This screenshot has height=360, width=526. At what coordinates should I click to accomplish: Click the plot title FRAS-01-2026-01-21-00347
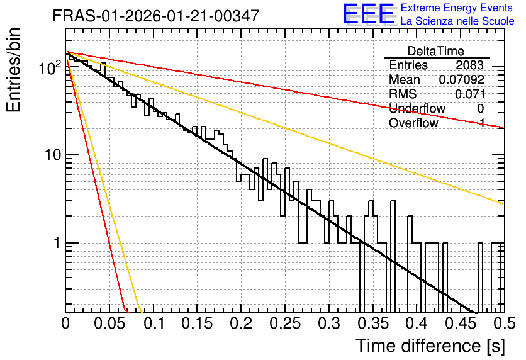click(156, 16)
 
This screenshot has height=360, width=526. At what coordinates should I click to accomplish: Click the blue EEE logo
click(369, 14)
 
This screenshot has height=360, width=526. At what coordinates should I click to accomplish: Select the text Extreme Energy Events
click(457, 8)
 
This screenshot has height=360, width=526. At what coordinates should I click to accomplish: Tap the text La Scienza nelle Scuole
click(457, 21)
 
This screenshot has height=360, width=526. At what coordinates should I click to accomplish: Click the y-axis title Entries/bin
click(13, 70)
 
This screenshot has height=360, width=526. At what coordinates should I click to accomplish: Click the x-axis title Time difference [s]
click(430, 346)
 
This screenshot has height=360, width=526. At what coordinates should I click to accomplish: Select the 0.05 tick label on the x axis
click(109, 323)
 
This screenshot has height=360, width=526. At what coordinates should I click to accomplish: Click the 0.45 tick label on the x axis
click(461, 323)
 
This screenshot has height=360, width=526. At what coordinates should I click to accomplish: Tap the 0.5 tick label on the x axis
click(504, 323)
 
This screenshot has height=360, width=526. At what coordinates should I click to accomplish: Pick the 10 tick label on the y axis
click(53, 155)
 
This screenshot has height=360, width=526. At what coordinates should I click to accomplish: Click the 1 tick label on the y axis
click(57, 242)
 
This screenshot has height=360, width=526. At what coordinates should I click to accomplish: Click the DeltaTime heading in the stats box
click(435, 51)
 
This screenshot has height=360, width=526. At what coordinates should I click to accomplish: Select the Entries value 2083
click(469, 65)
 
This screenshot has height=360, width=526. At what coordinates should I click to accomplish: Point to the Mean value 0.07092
click(462, 79)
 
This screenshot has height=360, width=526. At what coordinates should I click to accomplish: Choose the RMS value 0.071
click(469, 94)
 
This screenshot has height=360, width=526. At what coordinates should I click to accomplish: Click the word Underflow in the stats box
click(417, 108)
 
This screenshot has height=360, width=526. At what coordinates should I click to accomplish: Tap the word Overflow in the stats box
click(413, 123)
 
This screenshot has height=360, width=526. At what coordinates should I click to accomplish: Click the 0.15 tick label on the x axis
click(197, 323)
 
